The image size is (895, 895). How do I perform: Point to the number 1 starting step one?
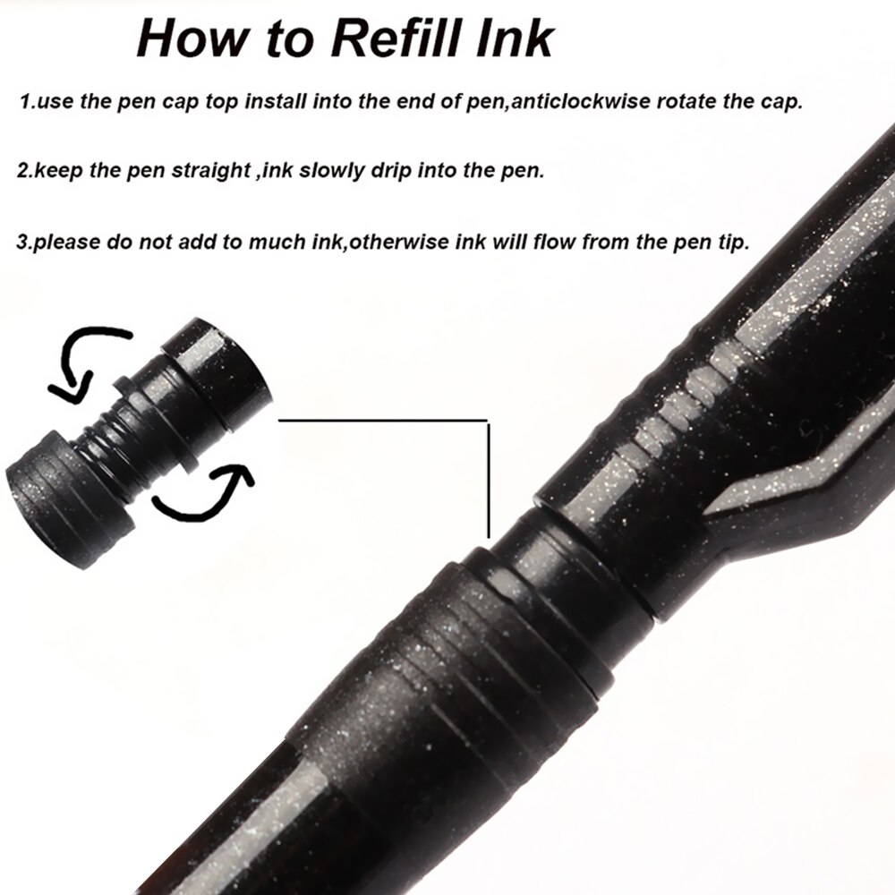click(x=24, y=101)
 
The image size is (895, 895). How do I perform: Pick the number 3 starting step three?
click(x=22, y=243)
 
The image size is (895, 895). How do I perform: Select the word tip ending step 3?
click(x=732, y=243)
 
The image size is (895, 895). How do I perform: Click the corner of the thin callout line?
click(x=488, y=421)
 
